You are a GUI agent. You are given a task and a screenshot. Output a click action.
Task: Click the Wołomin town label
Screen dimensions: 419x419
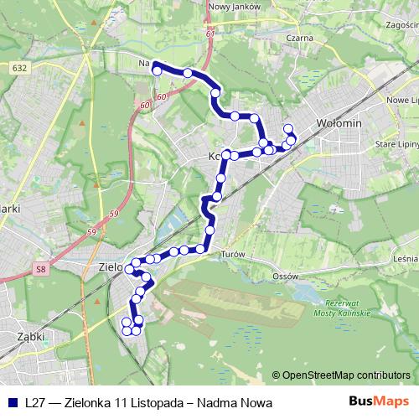coord(339,124)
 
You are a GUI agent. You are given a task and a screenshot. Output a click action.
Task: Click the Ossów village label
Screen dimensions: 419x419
coord(287,275)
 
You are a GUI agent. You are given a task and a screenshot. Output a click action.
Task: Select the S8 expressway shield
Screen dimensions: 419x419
coord(40,270)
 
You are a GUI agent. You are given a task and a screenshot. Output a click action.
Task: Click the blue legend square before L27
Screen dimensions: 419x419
coord(10,403)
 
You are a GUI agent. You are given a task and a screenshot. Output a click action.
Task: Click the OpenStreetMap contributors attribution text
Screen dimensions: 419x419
coord(346,375)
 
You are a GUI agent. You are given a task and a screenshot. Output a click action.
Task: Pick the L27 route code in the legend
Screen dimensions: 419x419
coord(35,403)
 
